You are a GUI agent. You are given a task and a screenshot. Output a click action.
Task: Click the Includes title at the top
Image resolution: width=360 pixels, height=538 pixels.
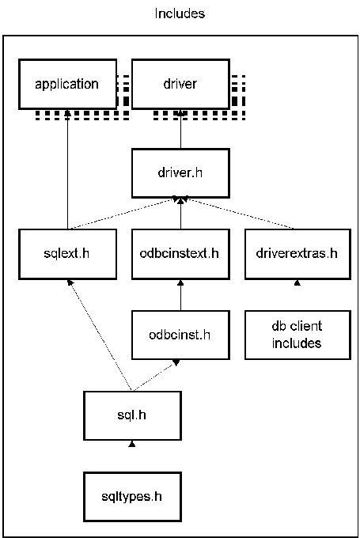point(180,13)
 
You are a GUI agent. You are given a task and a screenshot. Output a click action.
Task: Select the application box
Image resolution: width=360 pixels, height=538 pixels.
point(67,85)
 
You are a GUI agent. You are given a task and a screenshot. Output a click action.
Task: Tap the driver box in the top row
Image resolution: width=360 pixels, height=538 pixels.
point(181,85)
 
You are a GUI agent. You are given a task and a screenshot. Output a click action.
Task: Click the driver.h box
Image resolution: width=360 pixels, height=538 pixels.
point(181,173)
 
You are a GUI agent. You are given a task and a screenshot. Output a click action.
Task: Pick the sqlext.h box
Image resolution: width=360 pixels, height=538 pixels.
point(67,254)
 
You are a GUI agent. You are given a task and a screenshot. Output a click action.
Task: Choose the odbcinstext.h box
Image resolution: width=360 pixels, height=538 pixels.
point(181,254)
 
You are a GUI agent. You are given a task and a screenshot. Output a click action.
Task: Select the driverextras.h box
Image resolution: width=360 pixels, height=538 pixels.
point(297,254)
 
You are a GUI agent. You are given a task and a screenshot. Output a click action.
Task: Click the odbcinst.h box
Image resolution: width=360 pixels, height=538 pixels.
point(181,335)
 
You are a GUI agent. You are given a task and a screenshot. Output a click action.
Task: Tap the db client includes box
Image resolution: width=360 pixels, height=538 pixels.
point(297,335)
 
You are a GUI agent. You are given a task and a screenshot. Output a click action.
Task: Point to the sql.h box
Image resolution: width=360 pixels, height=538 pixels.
point(132,415)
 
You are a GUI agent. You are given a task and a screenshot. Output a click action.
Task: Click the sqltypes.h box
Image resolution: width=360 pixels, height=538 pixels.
point(132,497)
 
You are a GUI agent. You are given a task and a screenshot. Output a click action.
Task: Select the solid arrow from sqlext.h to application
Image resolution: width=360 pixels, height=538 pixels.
point(67,169)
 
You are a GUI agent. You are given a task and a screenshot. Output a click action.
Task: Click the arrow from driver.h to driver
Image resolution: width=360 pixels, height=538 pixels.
point(181,129)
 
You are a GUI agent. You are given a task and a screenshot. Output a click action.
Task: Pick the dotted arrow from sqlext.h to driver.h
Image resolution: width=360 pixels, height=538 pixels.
point(125,214)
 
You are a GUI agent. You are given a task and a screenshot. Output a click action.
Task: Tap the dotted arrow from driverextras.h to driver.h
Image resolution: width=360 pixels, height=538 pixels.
point(237,213)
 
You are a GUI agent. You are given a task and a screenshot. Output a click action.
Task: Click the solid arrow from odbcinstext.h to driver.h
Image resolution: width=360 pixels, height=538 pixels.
point(181,214)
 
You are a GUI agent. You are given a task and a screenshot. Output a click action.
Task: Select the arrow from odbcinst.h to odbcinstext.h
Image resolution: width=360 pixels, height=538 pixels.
point(181,295)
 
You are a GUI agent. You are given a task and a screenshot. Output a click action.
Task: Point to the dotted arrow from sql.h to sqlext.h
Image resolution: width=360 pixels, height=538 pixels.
point(100,335)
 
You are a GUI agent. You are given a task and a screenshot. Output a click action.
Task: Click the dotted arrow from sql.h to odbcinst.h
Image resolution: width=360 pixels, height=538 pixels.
point(155,375)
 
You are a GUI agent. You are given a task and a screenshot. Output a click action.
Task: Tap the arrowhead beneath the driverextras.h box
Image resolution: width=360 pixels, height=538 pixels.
point(297,282)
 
